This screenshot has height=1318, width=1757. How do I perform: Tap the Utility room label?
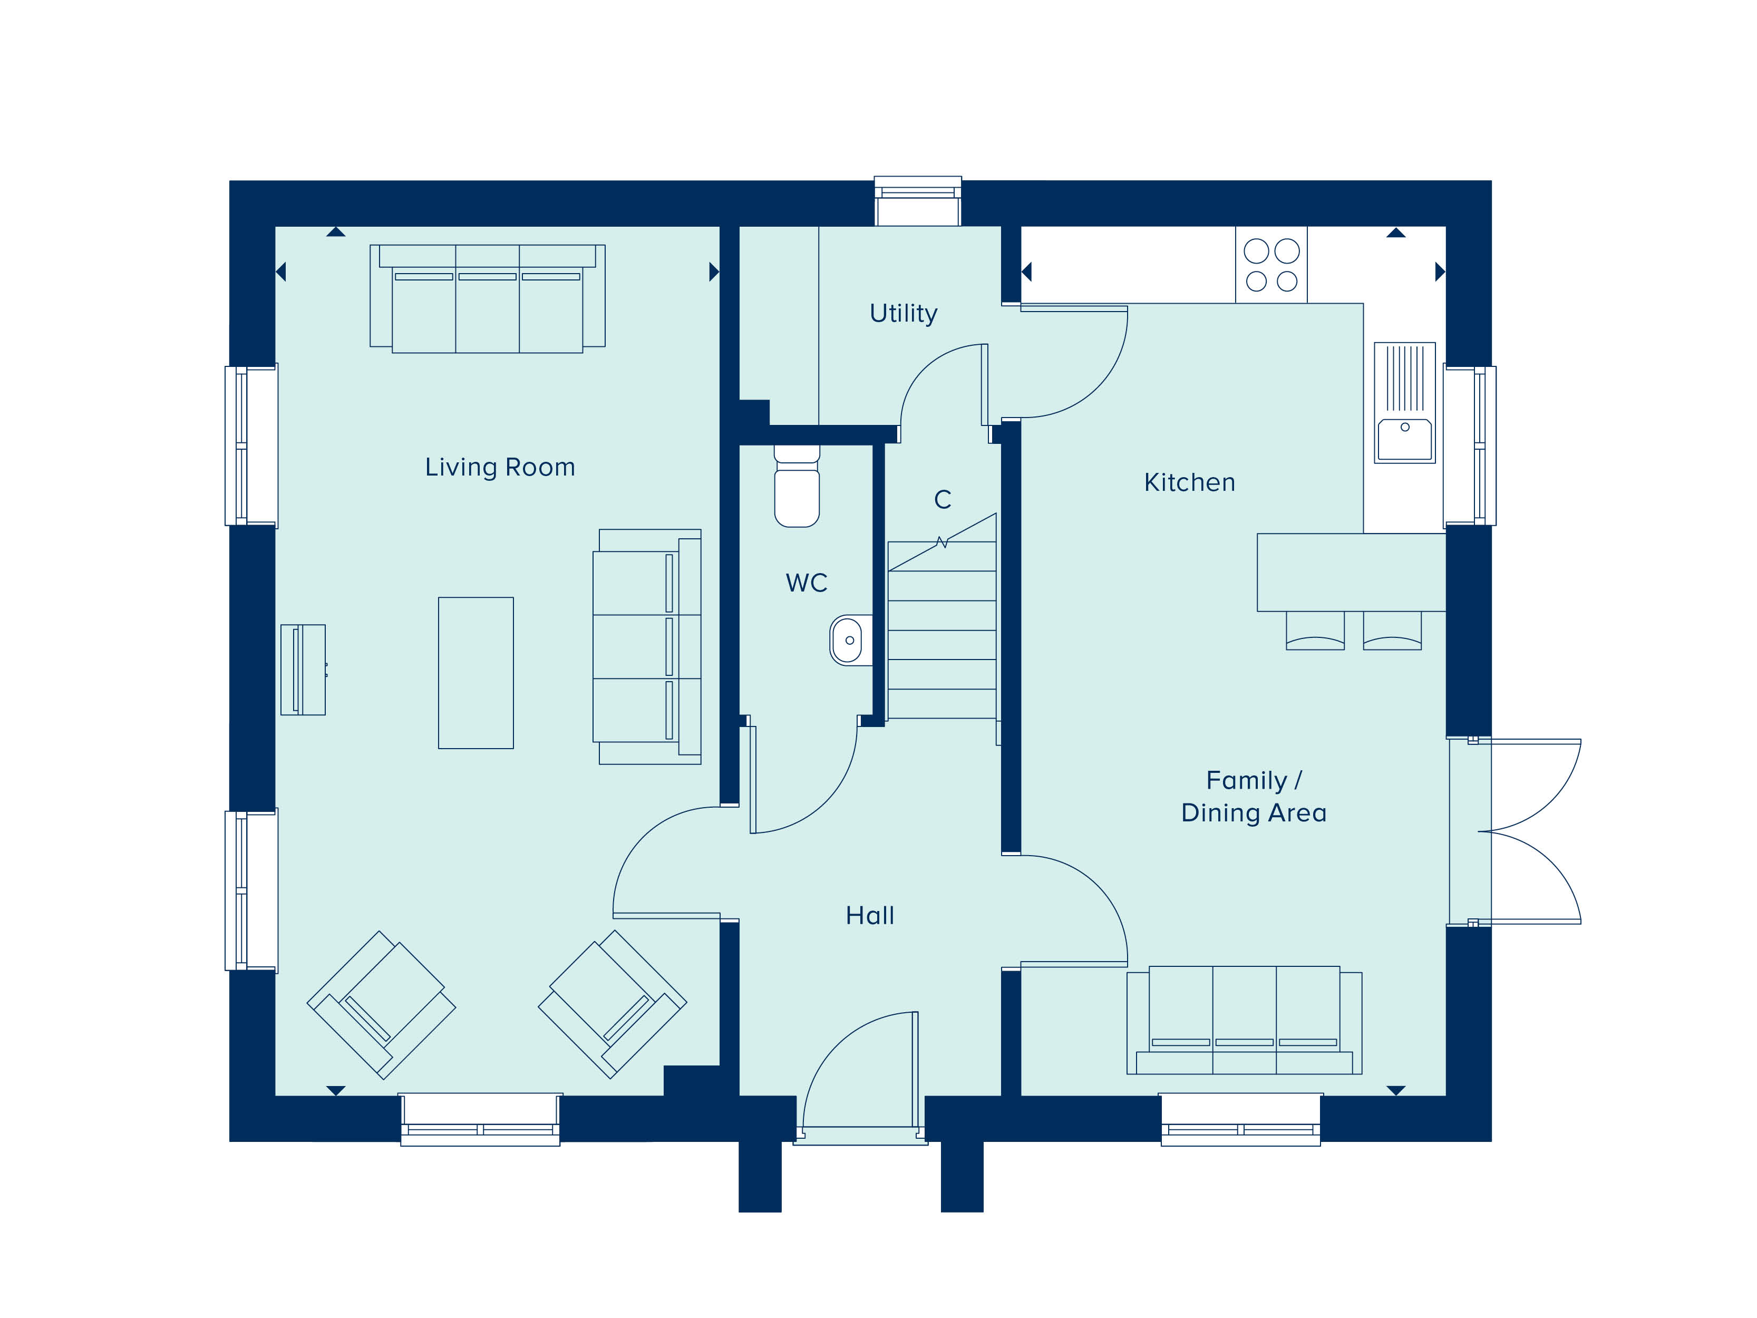point(903,314)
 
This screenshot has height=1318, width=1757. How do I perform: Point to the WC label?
point(806,583)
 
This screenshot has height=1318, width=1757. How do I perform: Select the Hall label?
point(870,915)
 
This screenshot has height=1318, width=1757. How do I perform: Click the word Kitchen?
point(1189,482)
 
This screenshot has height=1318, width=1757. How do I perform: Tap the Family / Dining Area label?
point(1254,796)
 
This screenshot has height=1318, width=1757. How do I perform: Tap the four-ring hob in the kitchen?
point(1271,265)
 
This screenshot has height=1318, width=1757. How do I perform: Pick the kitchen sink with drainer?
point(1404,403)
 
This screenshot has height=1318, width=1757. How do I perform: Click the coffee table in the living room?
point(476,673)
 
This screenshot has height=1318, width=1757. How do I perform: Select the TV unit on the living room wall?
point(303,670)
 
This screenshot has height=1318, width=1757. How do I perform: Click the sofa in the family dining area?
point(1244,1020)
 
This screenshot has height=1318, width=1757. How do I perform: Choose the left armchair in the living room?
point(381,1005)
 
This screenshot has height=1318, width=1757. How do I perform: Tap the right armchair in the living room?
point(613,1004)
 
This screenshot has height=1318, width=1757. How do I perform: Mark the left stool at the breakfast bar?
point(1315,631)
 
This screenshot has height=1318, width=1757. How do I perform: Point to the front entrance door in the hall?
point(861,1070)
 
